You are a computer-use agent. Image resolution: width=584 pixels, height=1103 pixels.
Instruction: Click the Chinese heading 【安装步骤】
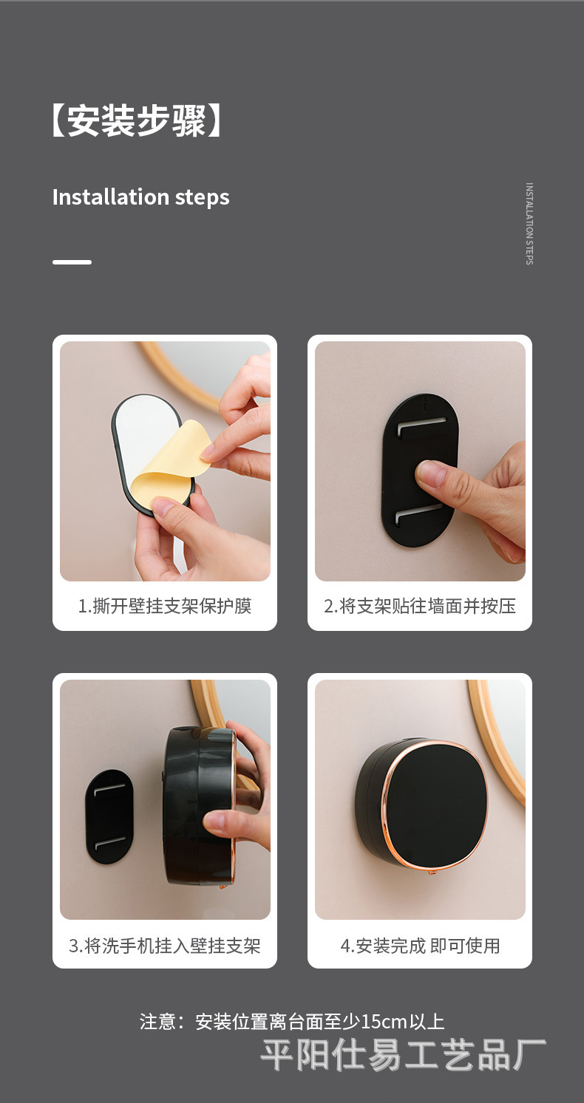137,121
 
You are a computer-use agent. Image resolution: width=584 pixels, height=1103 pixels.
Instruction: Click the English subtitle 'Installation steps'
140,197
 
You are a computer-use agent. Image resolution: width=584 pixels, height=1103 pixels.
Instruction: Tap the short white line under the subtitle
72,262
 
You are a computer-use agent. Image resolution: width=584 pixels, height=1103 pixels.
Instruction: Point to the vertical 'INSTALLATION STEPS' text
529,224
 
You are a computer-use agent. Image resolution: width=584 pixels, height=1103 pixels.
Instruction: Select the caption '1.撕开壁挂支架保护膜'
165,607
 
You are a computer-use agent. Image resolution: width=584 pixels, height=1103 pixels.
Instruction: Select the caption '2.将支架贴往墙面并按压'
420,607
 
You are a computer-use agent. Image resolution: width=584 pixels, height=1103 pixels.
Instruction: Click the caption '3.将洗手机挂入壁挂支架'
165,946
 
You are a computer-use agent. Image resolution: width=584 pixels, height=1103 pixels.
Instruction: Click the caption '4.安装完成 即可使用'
420,946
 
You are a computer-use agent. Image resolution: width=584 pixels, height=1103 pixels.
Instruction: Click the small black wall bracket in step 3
109,816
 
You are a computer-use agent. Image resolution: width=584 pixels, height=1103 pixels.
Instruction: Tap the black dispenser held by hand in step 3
197,805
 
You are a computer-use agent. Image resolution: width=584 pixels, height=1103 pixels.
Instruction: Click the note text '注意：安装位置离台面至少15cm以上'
292,1022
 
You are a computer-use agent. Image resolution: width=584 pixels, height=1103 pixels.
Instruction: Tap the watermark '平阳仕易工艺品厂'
404,1055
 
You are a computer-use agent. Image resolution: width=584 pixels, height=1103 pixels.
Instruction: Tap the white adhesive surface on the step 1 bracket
140,428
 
